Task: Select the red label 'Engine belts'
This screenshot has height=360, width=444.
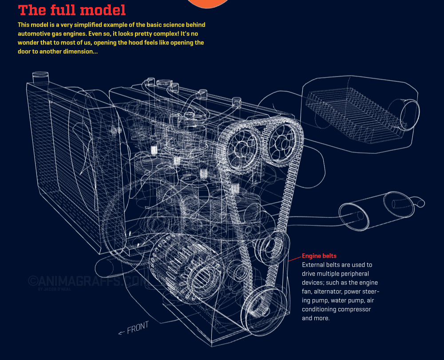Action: (319, 256)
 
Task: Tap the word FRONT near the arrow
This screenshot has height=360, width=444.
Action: (138, 328)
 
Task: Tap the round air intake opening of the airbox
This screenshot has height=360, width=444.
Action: (409, 113)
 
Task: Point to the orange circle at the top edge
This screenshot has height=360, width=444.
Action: (209, 3)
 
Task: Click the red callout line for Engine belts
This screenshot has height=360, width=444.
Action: (294, 258)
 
